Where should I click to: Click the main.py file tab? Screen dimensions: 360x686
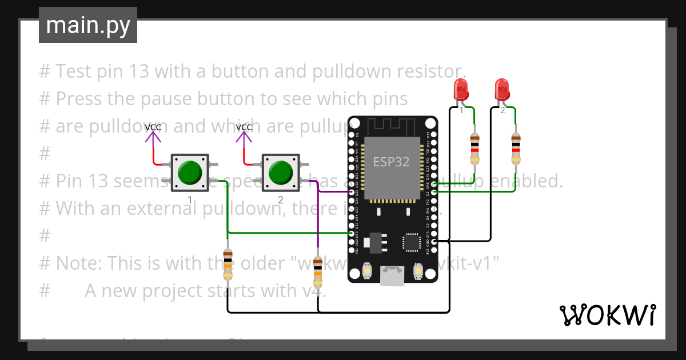(x=87, y=25)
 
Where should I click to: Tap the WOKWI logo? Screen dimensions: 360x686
(x=607, y=315)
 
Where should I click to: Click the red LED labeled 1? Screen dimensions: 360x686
(x=461, y=90)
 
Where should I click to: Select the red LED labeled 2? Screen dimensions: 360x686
(x=502, y=90)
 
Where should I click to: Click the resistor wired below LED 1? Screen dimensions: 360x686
(x=474, y=148)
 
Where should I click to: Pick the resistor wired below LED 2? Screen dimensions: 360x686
(x=516, y=148)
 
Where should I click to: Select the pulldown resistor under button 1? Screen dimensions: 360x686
(x=228, y=265)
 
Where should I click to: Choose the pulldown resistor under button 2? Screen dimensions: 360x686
(x=318, y=271)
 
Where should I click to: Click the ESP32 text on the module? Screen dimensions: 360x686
(x=392, y=162)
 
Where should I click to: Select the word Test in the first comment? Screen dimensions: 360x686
(x=74, y=71)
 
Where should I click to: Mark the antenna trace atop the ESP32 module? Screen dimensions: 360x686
(x=392, y=125)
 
